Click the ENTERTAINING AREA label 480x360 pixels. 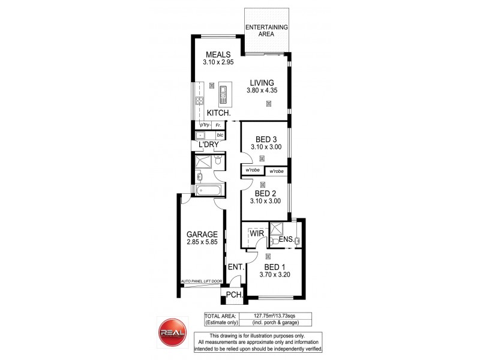266,31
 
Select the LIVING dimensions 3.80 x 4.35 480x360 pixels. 262,91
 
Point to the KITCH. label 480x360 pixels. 218,113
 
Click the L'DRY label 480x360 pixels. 205,145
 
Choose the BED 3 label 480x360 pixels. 262,139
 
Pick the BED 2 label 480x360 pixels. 265,193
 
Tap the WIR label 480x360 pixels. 257,232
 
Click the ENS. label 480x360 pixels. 286,240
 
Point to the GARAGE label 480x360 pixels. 200,235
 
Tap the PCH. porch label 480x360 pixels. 233,295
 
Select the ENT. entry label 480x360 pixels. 235,267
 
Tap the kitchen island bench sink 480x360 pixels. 223,92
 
